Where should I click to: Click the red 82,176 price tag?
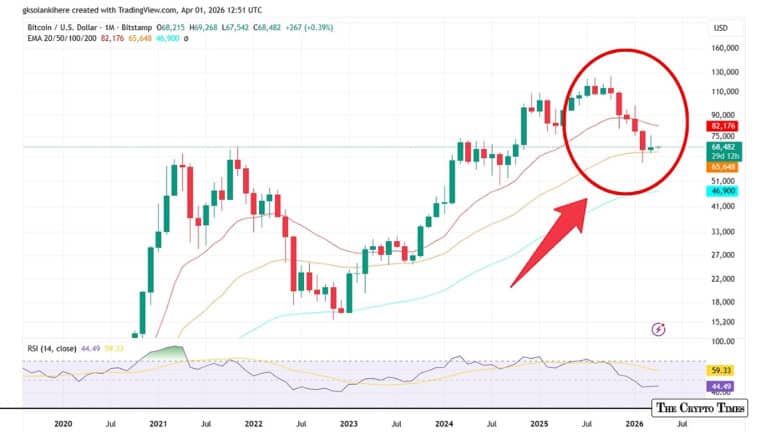723,127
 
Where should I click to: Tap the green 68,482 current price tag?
723,147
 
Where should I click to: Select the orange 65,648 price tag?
723,168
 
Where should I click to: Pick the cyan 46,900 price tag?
723,190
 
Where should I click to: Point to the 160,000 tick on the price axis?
724,47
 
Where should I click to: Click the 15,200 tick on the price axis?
723,322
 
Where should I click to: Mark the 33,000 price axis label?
723,231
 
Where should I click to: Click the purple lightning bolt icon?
658,328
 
